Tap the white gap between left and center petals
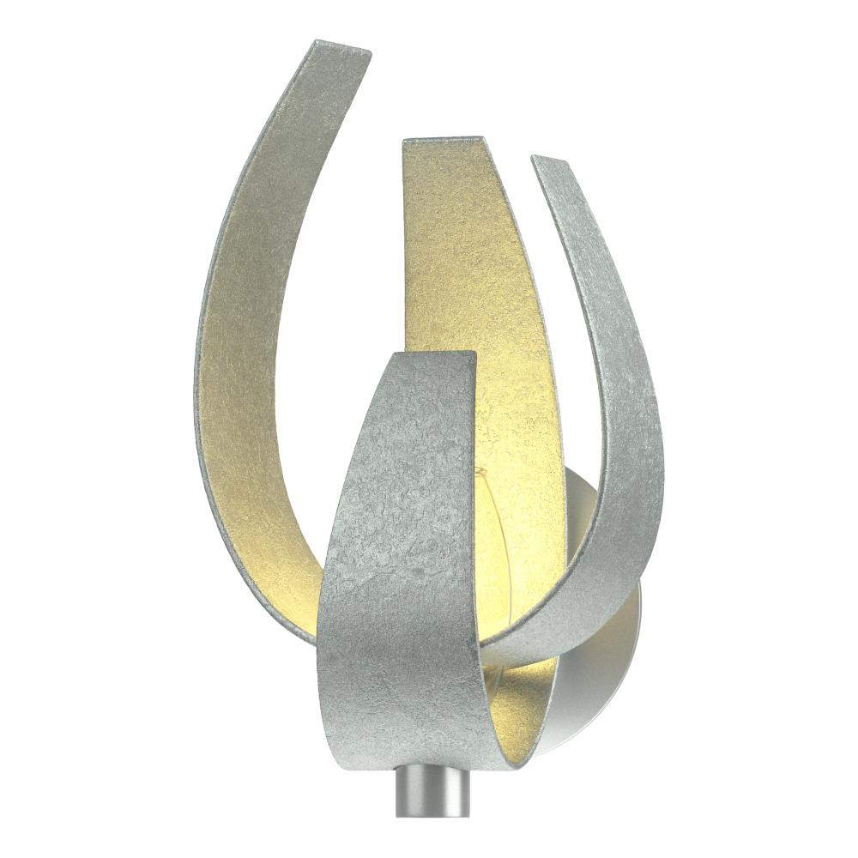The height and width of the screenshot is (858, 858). (360, 257)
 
